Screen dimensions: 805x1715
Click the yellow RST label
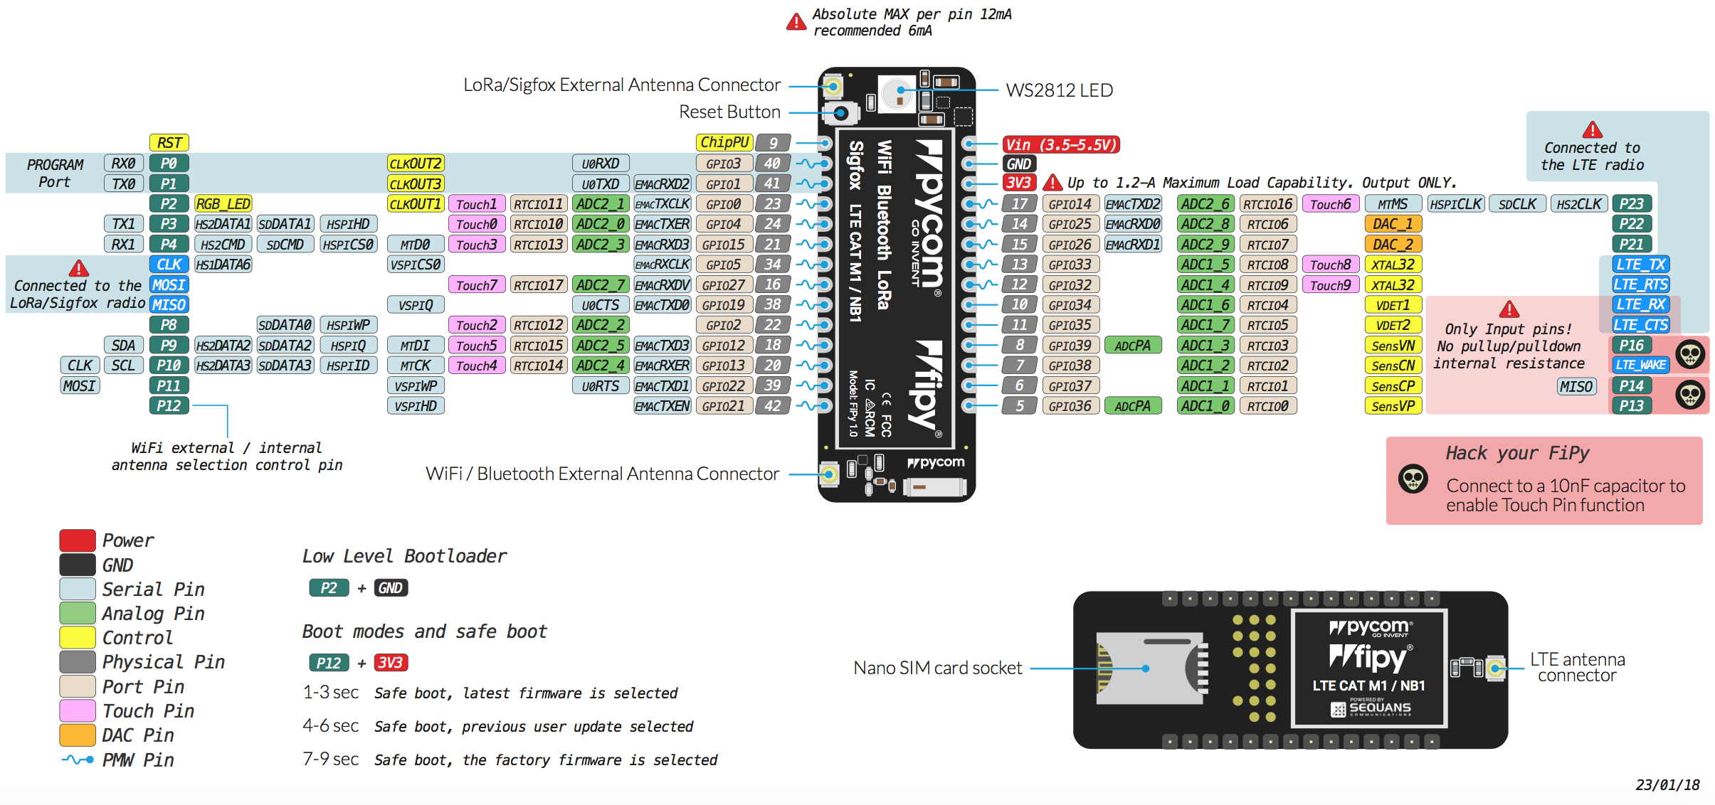click(x=169, y=143)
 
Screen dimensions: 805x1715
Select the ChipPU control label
click(x=724, y=142)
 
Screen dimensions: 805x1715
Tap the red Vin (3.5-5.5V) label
click(x=1060, y=144)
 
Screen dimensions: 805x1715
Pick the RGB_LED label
click(x=223, y=204)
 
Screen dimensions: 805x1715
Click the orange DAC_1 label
click(x=1393, y=224)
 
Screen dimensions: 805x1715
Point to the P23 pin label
click(x=1631, y=204)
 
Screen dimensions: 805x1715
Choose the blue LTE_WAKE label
click(x=1640, y=365)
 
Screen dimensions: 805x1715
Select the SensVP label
click(x=1393, y=406)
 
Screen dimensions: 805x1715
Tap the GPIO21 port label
click(x=723, y=406)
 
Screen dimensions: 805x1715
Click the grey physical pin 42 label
click(x=773, y=406)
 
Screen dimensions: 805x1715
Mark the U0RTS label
click(x=600, y=386)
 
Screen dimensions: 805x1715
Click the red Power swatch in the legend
click(x=78, y=540)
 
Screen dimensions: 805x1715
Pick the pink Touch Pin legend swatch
click(x=78, y=710)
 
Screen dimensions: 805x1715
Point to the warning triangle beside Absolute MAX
click(x=796, y=22)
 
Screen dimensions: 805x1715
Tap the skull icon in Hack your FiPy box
click(x=1413, y=479)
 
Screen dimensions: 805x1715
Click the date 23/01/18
click(x=1667, y=785)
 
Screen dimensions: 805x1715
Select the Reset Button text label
click(x=729, y=112)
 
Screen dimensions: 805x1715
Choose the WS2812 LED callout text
click(x=1059, y=90)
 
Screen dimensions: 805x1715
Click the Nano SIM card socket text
click(x=937, y=668)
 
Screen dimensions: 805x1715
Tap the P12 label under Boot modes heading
click(x=329, y=663)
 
